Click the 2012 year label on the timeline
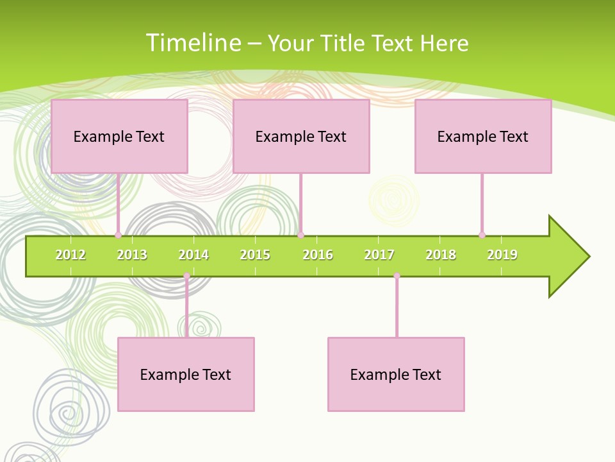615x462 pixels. pos(70,255)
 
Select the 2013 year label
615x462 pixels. pos(132,255)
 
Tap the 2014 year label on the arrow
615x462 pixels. pos(193,255)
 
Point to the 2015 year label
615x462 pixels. pos(255,255)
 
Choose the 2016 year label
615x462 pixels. pos(318,255)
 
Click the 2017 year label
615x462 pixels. pos(379,255)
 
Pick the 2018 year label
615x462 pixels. pos(441,255)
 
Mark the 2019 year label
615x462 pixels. pos(502,255)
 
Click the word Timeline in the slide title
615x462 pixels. pos(193,43)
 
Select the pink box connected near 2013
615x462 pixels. pos(119,136)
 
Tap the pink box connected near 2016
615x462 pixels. pos(301,136)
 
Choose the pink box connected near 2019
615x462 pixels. pos(483,136)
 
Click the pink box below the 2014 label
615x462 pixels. pos(186,374)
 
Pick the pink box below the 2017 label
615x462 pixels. pos(396,374)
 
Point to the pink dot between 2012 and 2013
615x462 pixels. pos(118,235)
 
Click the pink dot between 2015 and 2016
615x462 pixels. pos(300,235)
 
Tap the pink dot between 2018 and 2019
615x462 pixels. pos(482,235)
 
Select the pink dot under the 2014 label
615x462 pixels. pos(186,276)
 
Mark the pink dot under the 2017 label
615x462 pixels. pos(397,276)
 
